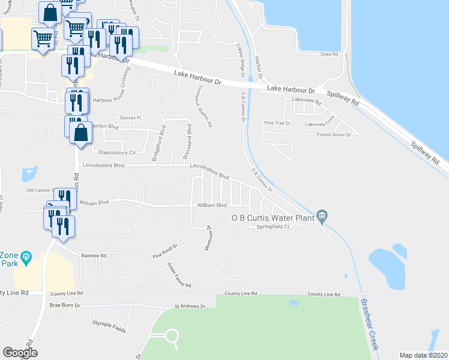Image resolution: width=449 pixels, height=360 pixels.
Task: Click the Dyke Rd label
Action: click(x=330, y=55)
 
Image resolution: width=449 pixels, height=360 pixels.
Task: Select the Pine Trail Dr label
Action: click(x=277, y=123)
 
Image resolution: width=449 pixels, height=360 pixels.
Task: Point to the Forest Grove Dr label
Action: click(x=334, y=135)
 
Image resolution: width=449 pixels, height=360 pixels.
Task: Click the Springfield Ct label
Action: click(x=273, y=227)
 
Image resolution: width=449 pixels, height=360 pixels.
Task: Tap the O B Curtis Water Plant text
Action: click(x=273, y=218)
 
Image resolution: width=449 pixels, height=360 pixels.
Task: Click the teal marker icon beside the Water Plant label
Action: click(x=322, y=215)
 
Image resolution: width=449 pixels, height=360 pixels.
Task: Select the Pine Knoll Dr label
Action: click(x=166, y=249)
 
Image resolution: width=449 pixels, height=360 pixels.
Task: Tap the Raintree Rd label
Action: click(x=94, y=256)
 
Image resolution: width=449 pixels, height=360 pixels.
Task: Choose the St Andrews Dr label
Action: click(x=190, y=306)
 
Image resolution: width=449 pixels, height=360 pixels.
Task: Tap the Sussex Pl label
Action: click(x=129, y=118)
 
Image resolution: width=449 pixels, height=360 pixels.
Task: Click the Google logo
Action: click(x=20, y=352)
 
